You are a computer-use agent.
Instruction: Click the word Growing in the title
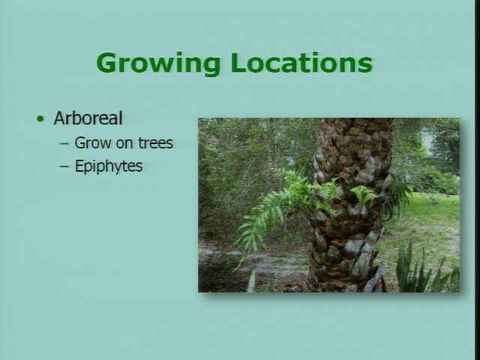pos(158,64)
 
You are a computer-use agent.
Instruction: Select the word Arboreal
pos(88,118)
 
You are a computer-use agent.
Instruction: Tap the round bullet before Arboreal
pos(40,118)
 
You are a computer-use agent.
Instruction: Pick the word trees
pos(155,143)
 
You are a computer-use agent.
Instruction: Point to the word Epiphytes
pos(109,166)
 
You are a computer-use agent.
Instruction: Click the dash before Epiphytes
pos(64,166)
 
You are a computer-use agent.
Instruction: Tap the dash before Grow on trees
pos(64,143)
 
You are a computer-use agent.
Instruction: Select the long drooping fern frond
pos(260,220)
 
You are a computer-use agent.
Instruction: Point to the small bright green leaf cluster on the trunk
pos(364,195)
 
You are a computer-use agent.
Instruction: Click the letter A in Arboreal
pos(60,118)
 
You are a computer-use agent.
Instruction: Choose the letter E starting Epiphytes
pos(79,166)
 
